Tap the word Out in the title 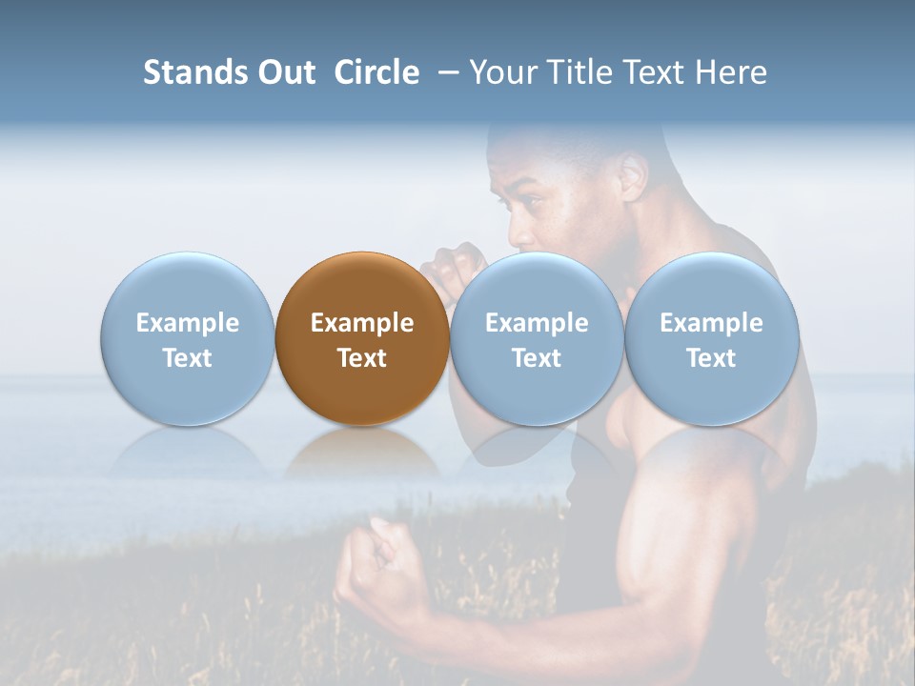tap(284, 72)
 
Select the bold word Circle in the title tap(376, 72)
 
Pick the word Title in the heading tap(582, 72)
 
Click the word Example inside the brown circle tap(362, 323)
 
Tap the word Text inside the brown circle tap(362, 358)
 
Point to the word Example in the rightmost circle tap(711, 323)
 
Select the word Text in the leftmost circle tap(187, 358)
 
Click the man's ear tap(634, 176)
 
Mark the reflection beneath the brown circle tap(361, 453)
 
